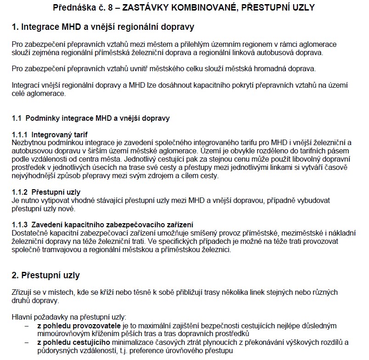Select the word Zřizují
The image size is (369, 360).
22,292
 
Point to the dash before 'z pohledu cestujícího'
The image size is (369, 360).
27,343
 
